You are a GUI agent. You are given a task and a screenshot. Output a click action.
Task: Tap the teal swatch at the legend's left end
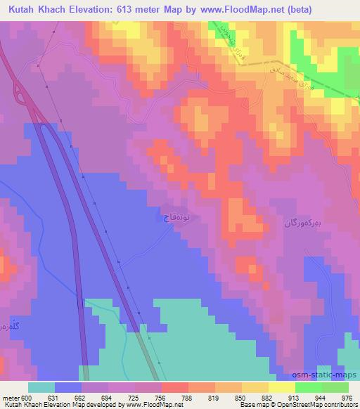click(41, 388)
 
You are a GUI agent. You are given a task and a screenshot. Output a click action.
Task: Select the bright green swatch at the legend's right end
click(335, 388)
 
